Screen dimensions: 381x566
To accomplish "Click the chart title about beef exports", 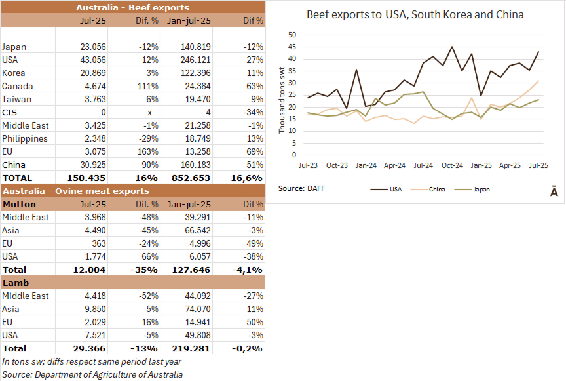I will click(x=415, y=14).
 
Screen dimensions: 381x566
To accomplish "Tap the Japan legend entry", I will click(x=480, y=189).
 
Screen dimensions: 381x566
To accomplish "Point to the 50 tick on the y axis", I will click(x=292, y=35).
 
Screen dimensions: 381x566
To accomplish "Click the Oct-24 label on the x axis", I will click(x=452, y=166).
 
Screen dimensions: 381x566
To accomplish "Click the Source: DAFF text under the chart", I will click(x=301, y=188).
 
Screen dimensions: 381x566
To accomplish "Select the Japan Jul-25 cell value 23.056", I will click(x=92, y=47).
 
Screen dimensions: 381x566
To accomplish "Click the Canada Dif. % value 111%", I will click(x=148, y=86).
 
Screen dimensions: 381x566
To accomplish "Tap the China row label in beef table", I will click(x=14, y=165).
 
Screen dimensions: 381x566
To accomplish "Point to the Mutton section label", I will click(x=19, y=204).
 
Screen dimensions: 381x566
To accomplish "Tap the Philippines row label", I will click(x=24, y=138).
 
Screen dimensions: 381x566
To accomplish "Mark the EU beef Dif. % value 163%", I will click(x=148, y=151).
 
